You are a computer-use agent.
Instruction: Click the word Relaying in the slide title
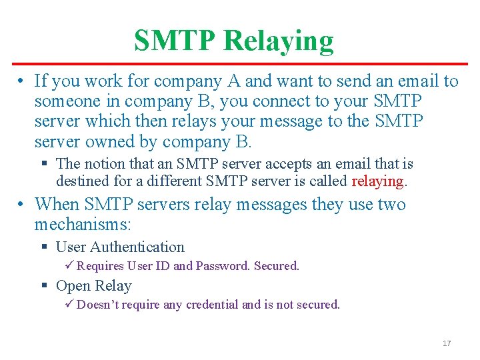278,41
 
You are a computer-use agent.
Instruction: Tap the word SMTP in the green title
175,41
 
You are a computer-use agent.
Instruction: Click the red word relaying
377,181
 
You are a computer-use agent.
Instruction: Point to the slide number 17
447,343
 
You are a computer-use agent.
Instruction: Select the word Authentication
137,247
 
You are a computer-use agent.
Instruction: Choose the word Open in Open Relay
73,286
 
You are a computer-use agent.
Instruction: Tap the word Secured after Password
276,266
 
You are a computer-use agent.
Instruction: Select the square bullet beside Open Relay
45,286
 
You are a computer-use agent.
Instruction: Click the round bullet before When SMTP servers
23,204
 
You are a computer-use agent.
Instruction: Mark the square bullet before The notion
45,163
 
